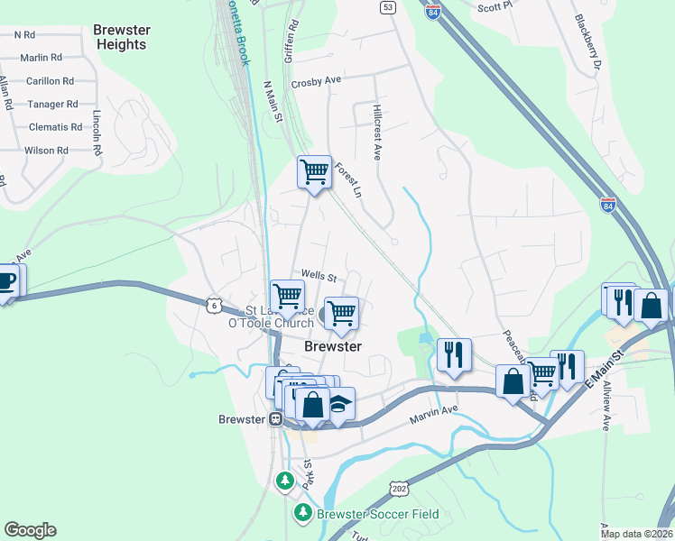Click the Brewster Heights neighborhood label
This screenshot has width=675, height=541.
tap(121, 37)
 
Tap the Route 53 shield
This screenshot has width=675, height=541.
tap(387, 7)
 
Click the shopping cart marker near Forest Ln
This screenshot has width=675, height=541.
tap(314, 170)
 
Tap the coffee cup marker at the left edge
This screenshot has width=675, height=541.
tap(5, 280)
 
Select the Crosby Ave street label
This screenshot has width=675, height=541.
tap(316, 81)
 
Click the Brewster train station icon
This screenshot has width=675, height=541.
tap(276, 419)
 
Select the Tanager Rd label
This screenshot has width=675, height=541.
tap(52, 105)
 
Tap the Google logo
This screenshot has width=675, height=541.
tap(30, 530)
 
